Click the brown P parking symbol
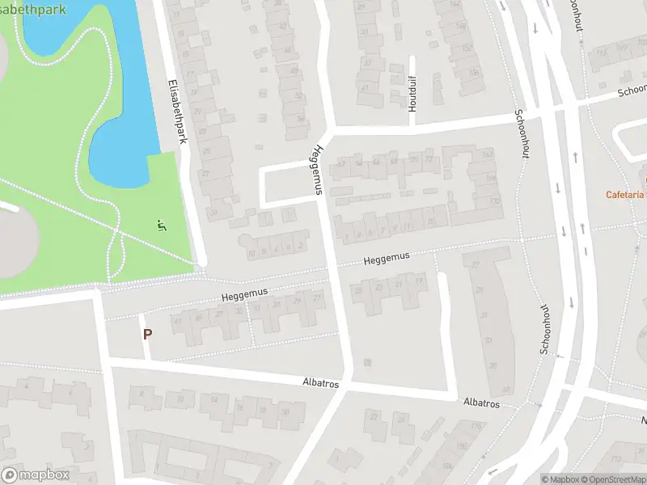(x=147, y=334)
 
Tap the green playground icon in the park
(x=161, y=226)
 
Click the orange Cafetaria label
(x=627, y=194)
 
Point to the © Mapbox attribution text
(x=559, y=479)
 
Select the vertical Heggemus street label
(x=318, y=169)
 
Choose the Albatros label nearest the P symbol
(x=320, y=380)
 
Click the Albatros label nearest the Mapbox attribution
(x=481, y=403)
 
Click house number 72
(x=429, y=160)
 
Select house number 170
(x=493, y=200)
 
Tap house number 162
(x=488, y=154)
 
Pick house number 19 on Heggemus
(x=419, y=280)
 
